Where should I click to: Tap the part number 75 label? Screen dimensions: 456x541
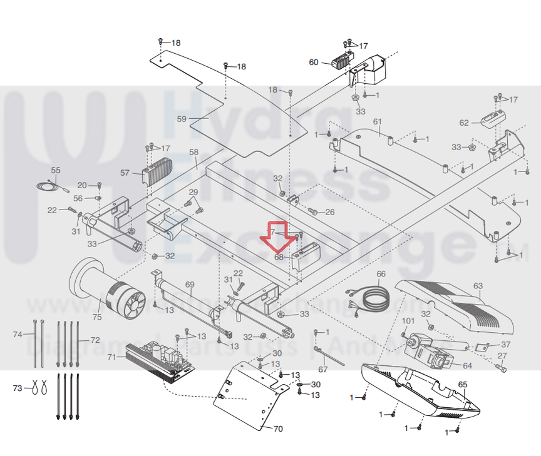[x=96, y=318]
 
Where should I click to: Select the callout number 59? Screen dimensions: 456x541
[x=182, y=118]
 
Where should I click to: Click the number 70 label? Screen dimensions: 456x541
[x=278, y=429]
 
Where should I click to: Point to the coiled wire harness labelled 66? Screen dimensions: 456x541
[x=373, y=296]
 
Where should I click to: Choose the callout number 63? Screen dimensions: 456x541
[x=478, y=286]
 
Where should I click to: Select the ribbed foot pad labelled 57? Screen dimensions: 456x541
[x=157, y=170]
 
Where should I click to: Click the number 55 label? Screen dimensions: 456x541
[x=56, y=170]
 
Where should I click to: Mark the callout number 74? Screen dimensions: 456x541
[x=18, y=335]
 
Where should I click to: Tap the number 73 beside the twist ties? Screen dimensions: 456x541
[x=18, y=388]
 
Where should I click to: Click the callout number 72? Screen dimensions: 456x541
[x=95, y=340]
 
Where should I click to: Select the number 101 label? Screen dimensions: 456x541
[x=408, y=322]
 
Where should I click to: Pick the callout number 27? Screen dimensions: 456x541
[x=502, y=356]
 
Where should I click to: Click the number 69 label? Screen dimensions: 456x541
[x=190, y=285]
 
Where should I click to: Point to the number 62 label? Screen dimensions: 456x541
[x=464, y=123]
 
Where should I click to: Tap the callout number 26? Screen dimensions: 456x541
[x=329, y=211]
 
